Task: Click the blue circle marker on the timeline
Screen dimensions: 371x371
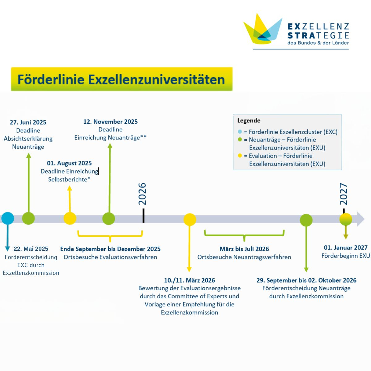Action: tap(8, 218)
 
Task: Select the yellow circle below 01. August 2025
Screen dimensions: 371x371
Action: tap(70, 218)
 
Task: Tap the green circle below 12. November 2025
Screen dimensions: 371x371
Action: tap(109, 218)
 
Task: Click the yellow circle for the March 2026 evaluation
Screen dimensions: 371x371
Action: tap(190, 220)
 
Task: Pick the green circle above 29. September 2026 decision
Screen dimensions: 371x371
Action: tap(306, 220)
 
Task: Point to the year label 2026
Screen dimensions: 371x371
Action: tap(142, 194)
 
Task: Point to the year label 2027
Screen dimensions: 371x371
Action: tap(343, 194)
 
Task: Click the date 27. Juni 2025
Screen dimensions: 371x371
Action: tap(28, 122)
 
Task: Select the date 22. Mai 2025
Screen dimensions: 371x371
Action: tap(31, 249)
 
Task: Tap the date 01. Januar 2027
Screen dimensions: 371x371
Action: tap(346, 248)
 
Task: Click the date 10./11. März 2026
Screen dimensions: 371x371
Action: tap(190, 280)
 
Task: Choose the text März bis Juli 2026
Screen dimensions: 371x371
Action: tap(244, 249)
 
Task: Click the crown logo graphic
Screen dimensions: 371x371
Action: tap(263, 28)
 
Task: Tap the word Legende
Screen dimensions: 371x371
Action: tap(249, 121)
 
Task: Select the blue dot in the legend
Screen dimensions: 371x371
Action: tap(240, 132)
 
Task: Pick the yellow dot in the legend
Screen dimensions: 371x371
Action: tap(240, 156)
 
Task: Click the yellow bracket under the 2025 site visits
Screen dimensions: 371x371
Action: tap(110, 236)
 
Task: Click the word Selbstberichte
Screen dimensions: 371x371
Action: tap(68, 179)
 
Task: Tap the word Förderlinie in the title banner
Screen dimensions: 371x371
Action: tap(51, 79)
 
